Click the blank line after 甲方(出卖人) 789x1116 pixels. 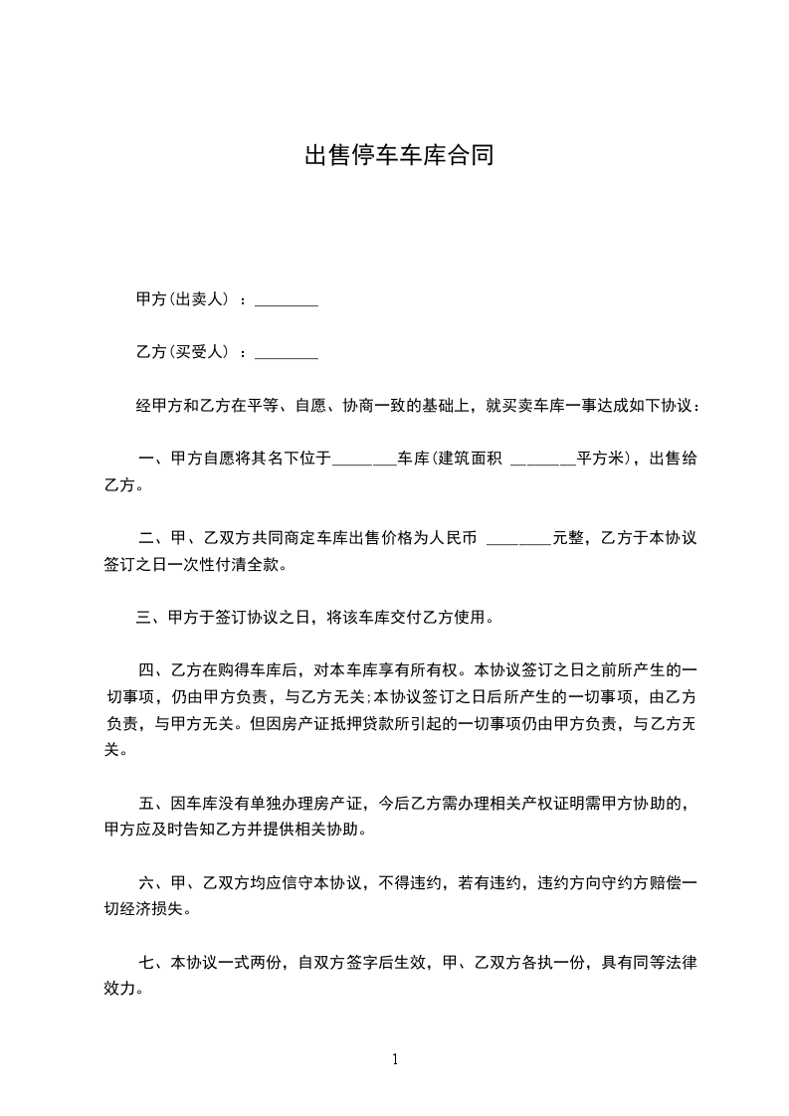pos(287,301)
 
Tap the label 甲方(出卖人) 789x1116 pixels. pos(183,298)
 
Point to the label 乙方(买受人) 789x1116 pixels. pos(183,351)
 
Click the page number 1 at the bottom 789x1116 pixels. pos(395,1059)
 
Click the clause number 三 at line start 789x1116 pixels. pos(144,618)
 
